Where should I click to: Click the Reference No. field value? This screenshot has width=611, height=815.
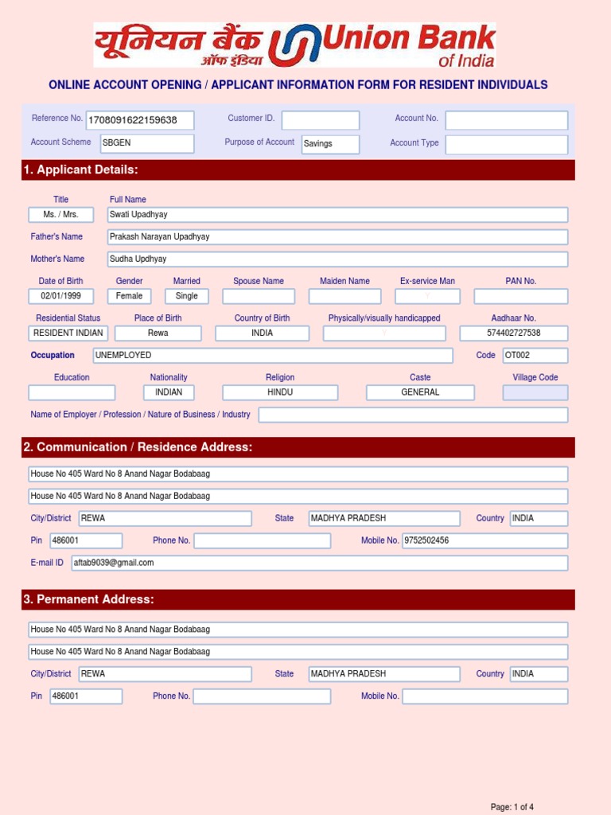pos(142,120)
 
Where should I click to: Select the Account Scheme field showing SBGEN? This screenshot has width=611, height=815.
pos(147,143)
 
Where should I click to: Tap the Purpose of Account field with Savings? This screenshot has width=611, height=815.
pos(330,143)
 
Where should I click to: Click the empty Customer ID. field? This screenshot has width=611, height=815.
pos(321,120)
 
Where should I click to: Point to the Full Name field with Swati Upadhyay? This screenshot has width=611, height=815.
pos(338,215)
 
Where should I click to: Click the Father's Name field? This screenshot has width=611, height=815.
pos(338,237)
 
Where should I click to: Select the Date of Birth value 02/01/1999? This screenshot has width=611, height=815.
pos(60,296)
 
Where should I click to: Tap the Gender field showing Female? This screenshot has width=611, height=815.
pos(130,296)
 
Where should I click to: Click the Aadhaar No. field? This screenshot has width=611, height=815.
pos(514,333)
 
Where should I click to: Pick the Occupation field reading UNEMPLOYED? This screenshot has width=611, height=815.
pos(273,355)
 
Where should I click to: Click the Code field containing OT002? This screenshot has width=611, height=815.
pos(535,355)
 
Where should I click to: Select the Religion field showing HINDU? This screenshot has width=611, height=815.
pos(280,392)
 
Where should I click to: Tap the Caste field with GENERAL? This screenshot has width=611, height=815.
pos(420,392)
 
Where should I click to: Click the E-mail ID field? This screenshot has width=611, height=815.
pos(319,563)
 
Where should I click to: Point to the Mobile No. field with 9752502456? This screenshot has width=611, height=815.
pos(485,541)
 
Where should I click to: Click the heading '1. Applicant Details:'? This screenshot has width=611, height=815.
pos(81,170)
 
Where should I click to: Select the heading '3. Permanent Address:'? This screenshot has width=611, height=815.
pos(88,599)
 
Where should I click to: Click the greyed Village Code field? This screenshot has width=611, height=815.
pos(535,392)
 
